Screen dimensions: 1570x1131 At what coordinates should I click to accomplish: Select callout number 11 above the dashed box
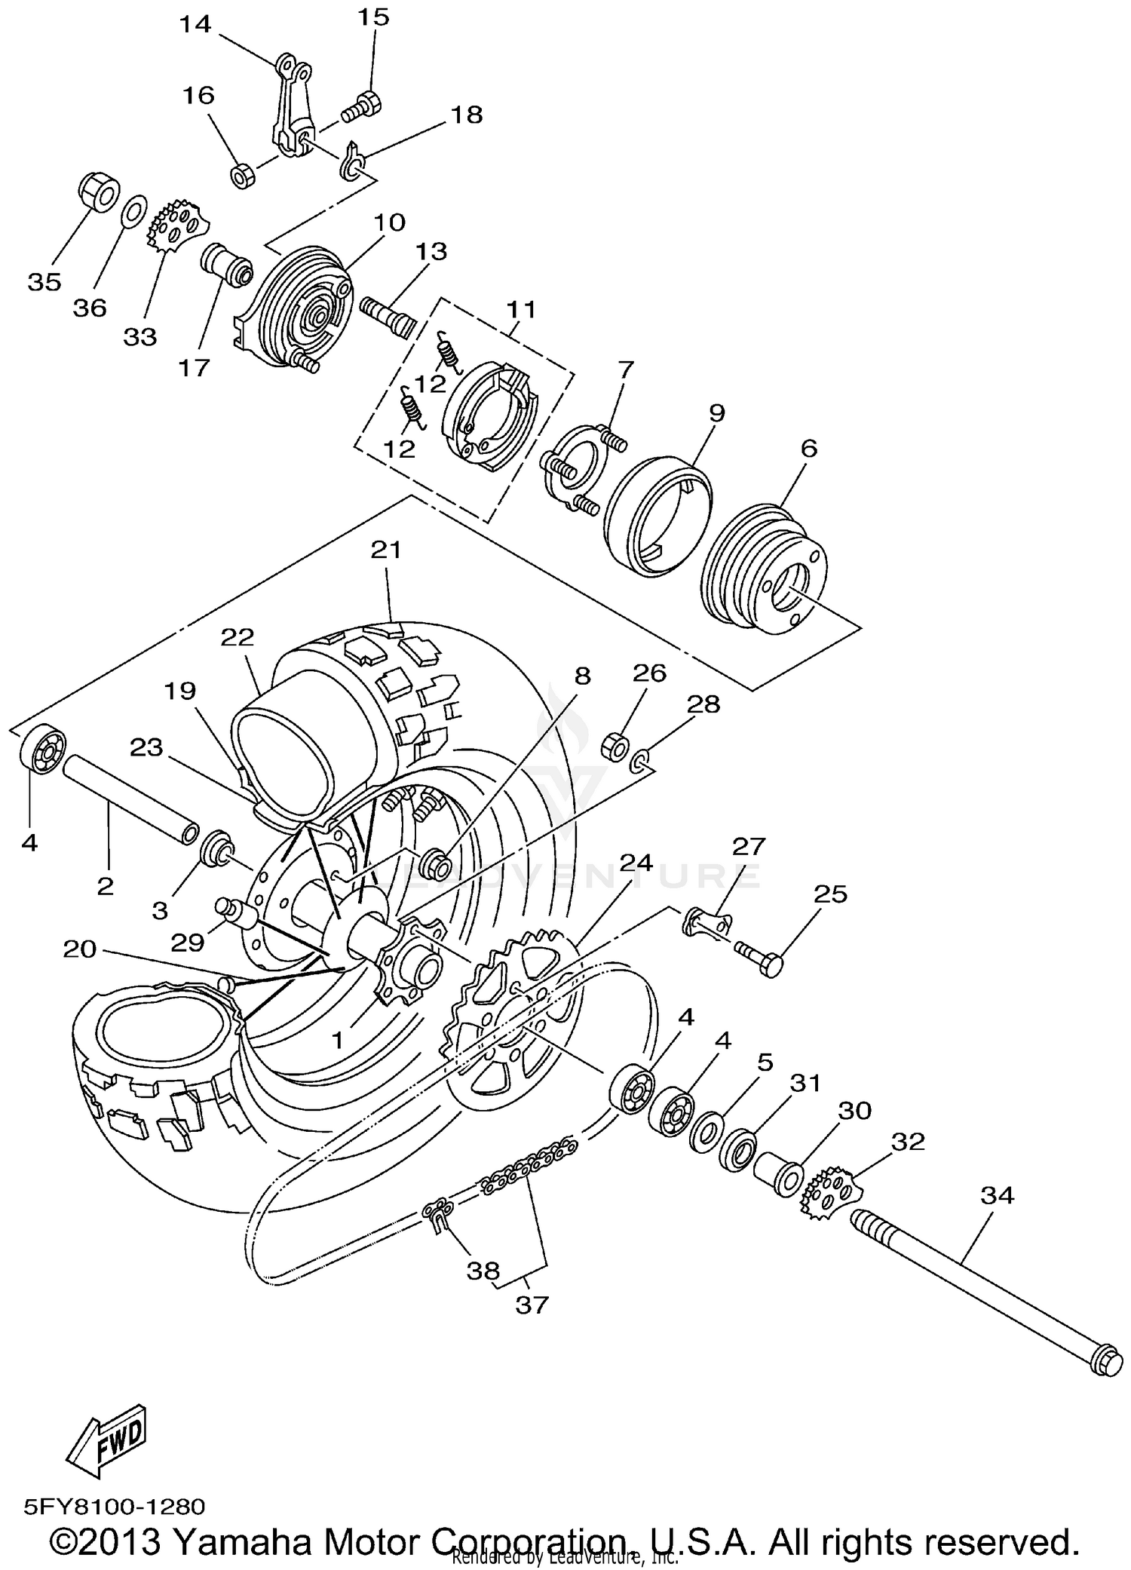click(x=521, y=310)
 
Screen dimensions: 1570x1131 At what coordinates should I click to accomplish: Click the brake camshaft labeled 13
click(x=388, y=314)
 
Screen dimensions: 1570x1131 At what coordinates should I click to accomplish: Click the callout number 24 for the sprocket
click(x=636, y=863)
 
